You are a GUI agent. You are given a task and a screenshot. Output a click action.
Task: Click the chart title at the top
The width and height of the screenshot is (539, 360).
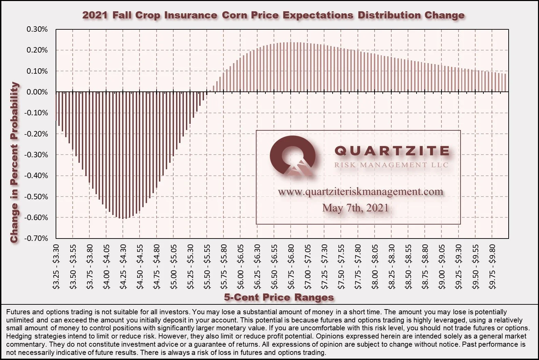[x=273, y=15]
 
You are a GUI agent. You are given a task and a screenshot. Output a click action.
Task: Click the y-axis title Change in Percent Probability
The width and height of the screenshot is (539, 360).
[x=14, y=162]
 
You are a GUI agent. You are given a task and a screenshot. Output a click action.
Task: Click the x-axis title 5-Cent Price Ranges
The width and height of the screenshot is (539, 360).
[x=279, y=297]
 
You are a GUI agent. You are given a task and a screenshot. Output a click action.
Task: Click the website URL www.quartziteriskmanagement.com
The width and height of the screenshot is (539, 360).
[x=361, y=192]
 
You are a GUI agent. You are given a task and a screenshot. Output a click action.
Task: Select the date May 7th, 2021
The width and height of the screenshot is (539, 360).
[x=355, y=208]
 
